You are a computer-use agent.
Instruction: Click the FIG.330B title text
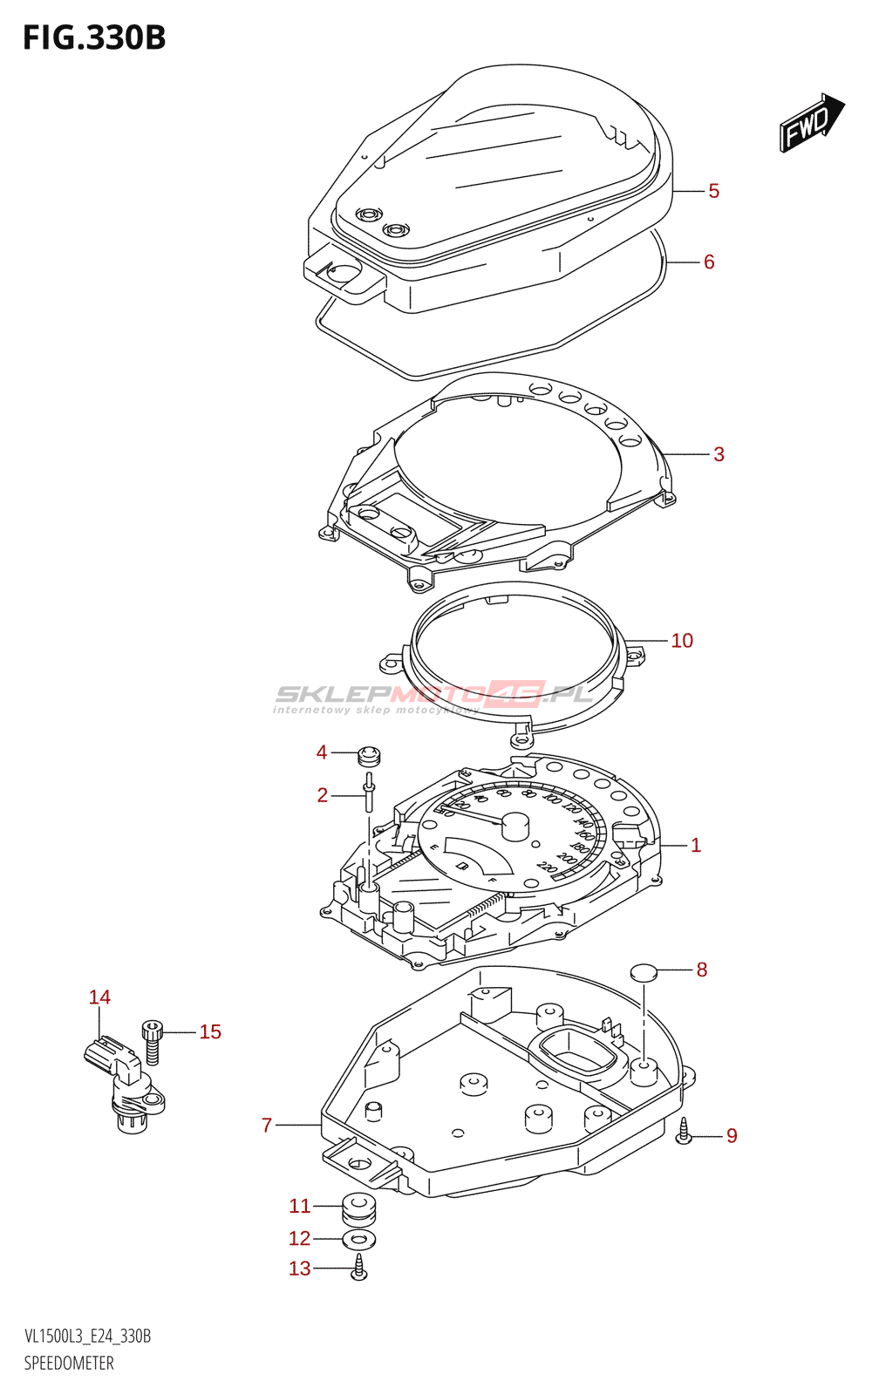pos(94,37)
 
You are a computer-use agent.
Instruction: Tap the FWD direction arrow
pos(811,123)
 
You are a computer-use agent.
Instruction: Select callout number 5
pos(713,191)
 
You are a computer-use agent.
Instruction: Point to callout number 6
pos(709,262)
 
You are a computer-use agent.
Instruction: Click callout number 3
pos(719,454)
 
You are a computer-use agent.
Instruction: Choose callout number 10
pos(682,641)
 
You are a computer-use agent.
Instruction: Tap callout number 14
pos(100,997)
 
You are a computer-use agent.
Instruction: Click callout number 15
pos(210,1032)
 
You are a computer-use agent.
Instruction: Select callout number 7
pos(267,1126)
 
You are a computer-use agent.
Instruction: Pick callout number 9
pos(732,1136)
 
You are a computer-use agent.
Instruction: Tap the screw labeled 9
pos(684,1131)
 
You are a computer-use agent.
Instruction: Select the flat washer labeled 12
pos(358,1239)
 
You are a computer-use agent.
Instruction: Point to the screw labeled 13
pos(358,1269)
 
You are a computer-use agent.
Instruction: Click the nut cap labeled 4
pos(370,755)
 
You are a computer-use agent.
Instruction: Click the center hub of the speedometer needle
pos(514,825)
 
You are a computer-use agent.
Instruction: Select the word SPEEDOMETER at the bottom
pos(69,1364)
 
